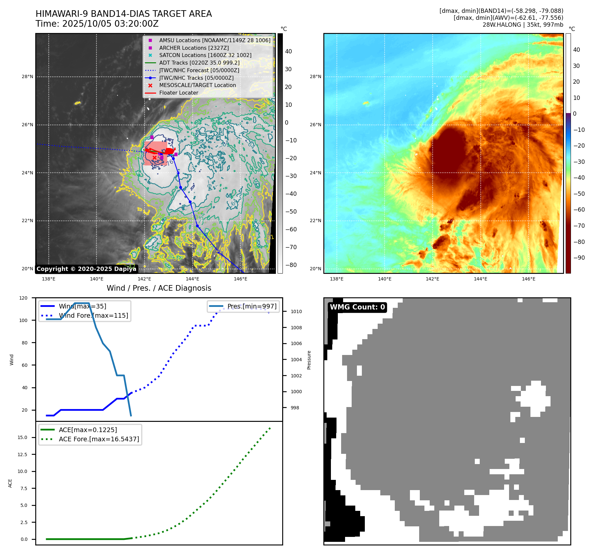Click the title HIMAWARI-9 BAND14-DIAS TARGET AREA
click(123, 14)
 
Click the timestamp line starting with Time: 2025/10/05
click(97, 24)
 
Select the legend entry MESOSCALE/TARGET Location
click(197, 85)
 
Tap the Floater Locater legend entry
click(178, 93)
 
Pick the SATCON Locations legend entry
click(205, 55)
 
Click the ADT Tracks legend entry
click(199, 63)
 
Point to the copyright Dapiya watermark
click(86, 269)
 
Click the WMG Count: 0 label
click(357, 307)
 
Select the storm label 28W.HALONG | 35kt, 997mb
click(523, 25)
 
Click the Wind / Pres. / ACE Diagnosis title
click(159, 288)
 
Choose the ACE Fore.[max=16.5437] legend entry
click(99, 439)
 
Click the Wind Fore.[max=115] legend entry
click(94, 316)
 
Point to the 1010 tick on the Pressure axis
click(296, 311)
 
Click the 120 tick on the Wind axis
click(23, 298)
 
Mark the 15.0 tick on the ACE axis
click(22, 438)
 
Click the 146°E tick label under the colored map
click(528, 279)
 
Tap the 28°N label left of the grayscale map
click(27, 77)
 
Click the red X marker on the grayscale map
click(154, 158)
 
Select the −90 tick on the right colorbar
click(579, 258)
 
